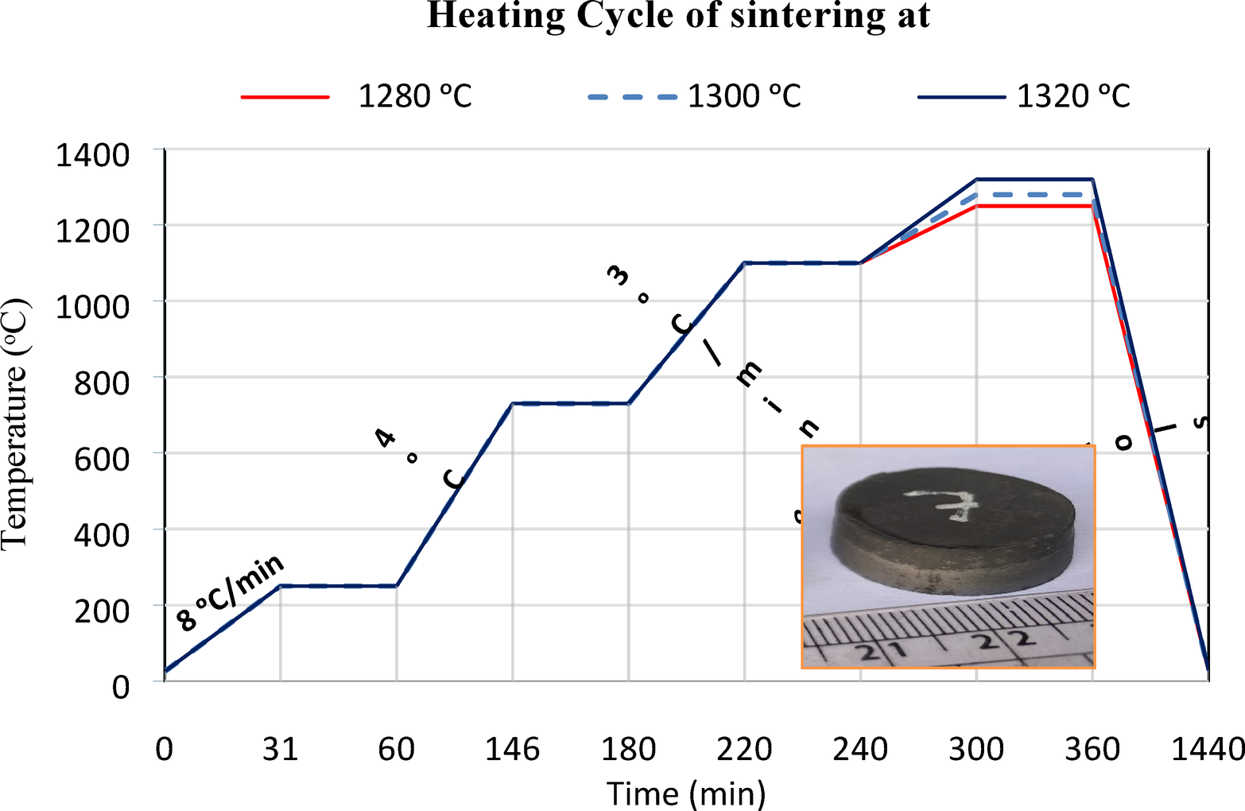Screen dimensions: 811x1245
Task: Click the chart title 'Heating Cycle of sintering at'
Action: coord(678,16)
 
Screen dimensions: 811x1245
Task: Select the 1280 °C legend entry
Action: coord(358,96)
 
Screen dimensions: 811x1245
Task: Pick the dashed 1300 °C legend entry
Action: coord(694,96)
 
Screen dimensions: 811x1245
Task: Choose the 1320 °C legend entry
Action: coord(1024,96)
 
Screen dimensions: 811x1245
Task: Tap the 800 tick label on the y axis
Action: coord(101,383)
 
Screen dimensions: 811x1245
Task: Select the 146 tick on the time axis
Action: coord(512,749)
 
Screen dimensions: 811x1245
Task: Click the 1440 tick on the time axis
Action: coord(1207,749)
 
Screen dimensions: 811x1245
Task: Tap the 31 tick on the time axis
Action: coord(280,749)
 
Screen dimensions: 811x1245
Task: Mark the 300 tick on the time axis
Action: coord(976,749)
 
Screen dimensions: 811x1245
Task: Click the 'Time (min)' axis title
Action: coord(685,793)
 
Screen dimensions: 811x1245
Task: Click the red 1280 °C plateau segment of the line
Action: coord(1034,206)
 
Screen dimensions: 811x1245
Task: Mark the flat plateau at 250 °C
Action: coord(338,586)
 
